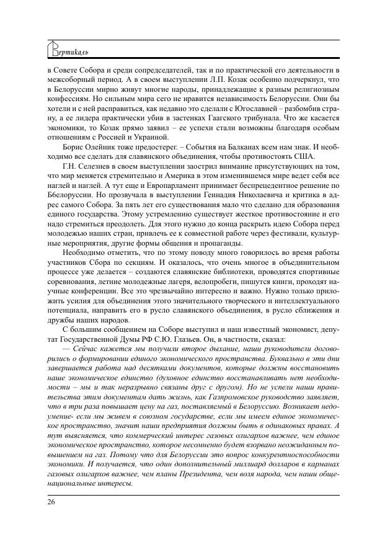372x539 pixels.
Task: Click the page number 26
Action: (x=51, y=501)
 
